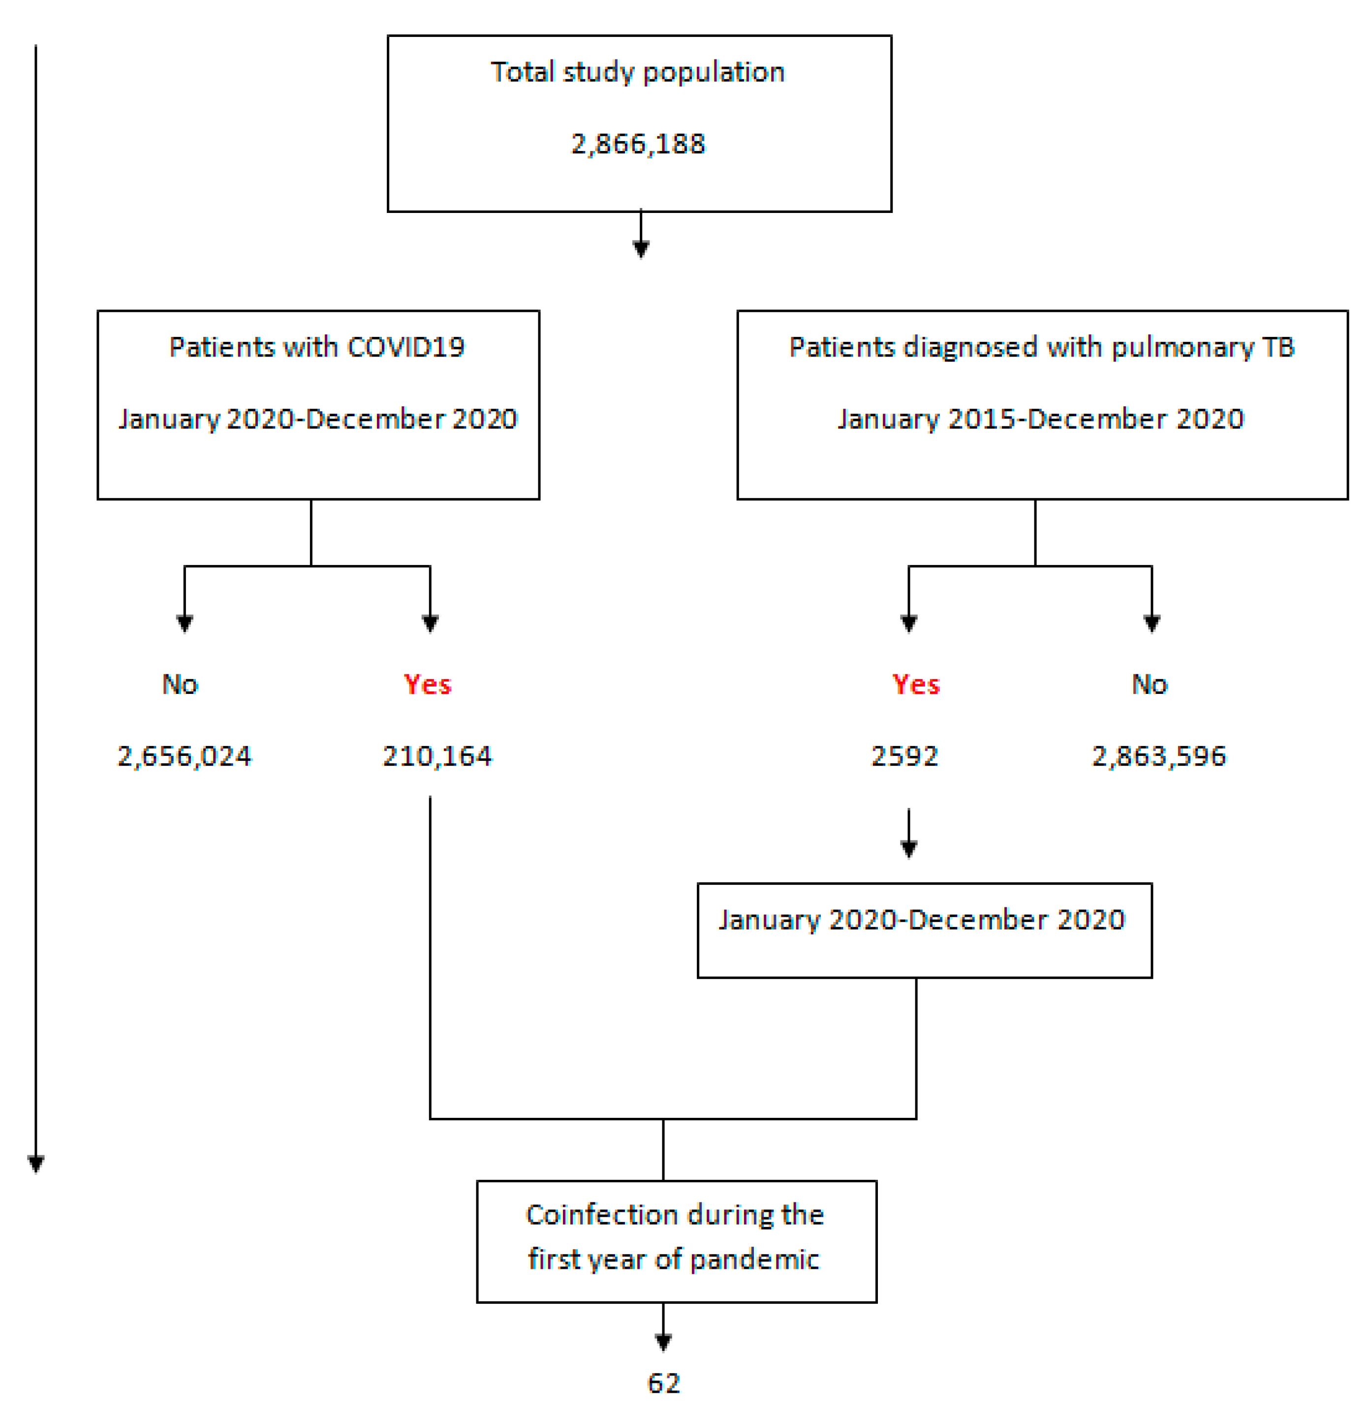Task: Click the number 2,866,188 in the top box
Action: pyautogui.click(x=638, y=144)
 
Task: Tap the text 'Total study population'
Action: pyautogui.click(x=638, y=72)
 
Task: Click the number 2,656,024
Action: pyautogui.click(x=185, y=757)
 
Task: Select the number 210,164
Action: pyautogui.click(x=437, y=757)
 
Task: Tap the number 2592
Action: pyautogui.click(x=904, y=757)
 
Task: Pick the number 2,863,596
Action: pyautogui.click(x=1159, y=757)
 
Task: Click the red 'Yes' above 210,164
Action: pyautogui.click(x=428, y=685)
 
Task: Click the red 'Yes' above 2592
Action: pyautogui.click(x=916, y=685)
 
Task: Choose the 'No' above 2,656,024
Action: pyautogui.click(x=180, y=685)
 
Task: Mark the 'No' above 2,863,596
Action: pyautogui.click(x=1150, y=685)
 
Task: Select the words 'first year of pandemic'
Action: pyautogui.click(x=673, y=1259)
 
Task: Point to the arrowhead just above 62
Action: pyautogui.click(x=663, y=1342)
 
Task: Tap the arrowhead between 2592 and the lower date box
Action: pyautogui.click(x=909, y=849)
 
